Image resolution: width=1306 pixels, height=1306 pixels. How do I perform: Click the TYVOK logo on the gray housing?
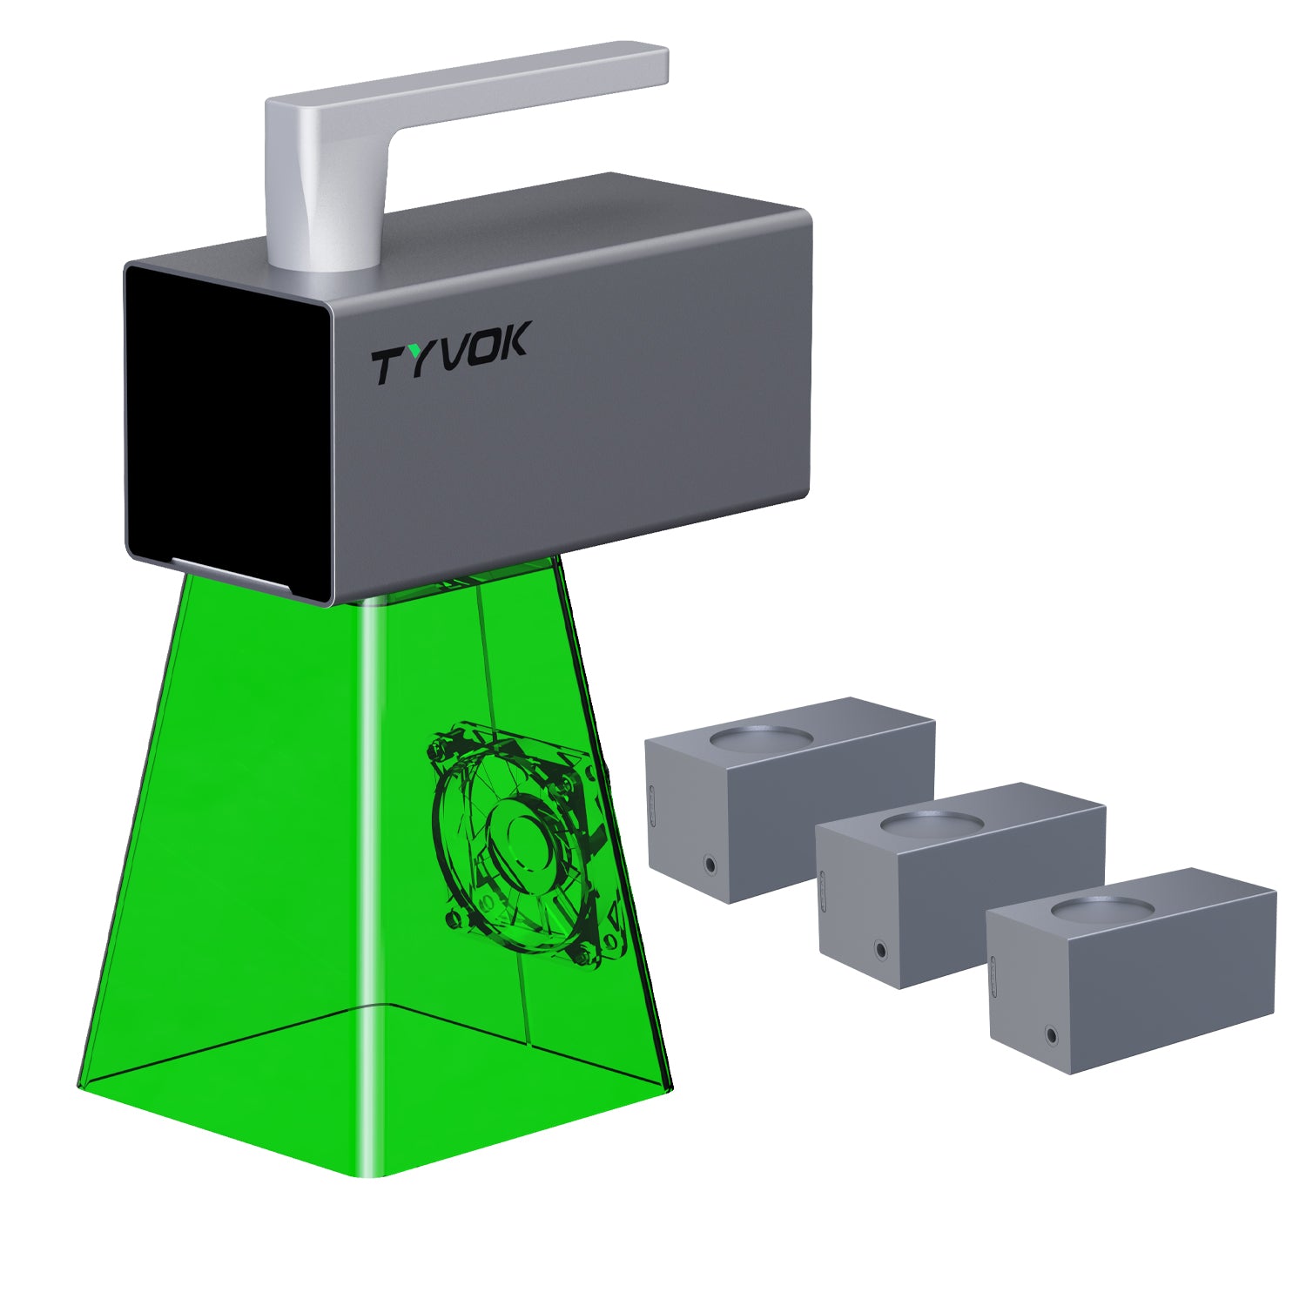[x=449, y=353]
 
